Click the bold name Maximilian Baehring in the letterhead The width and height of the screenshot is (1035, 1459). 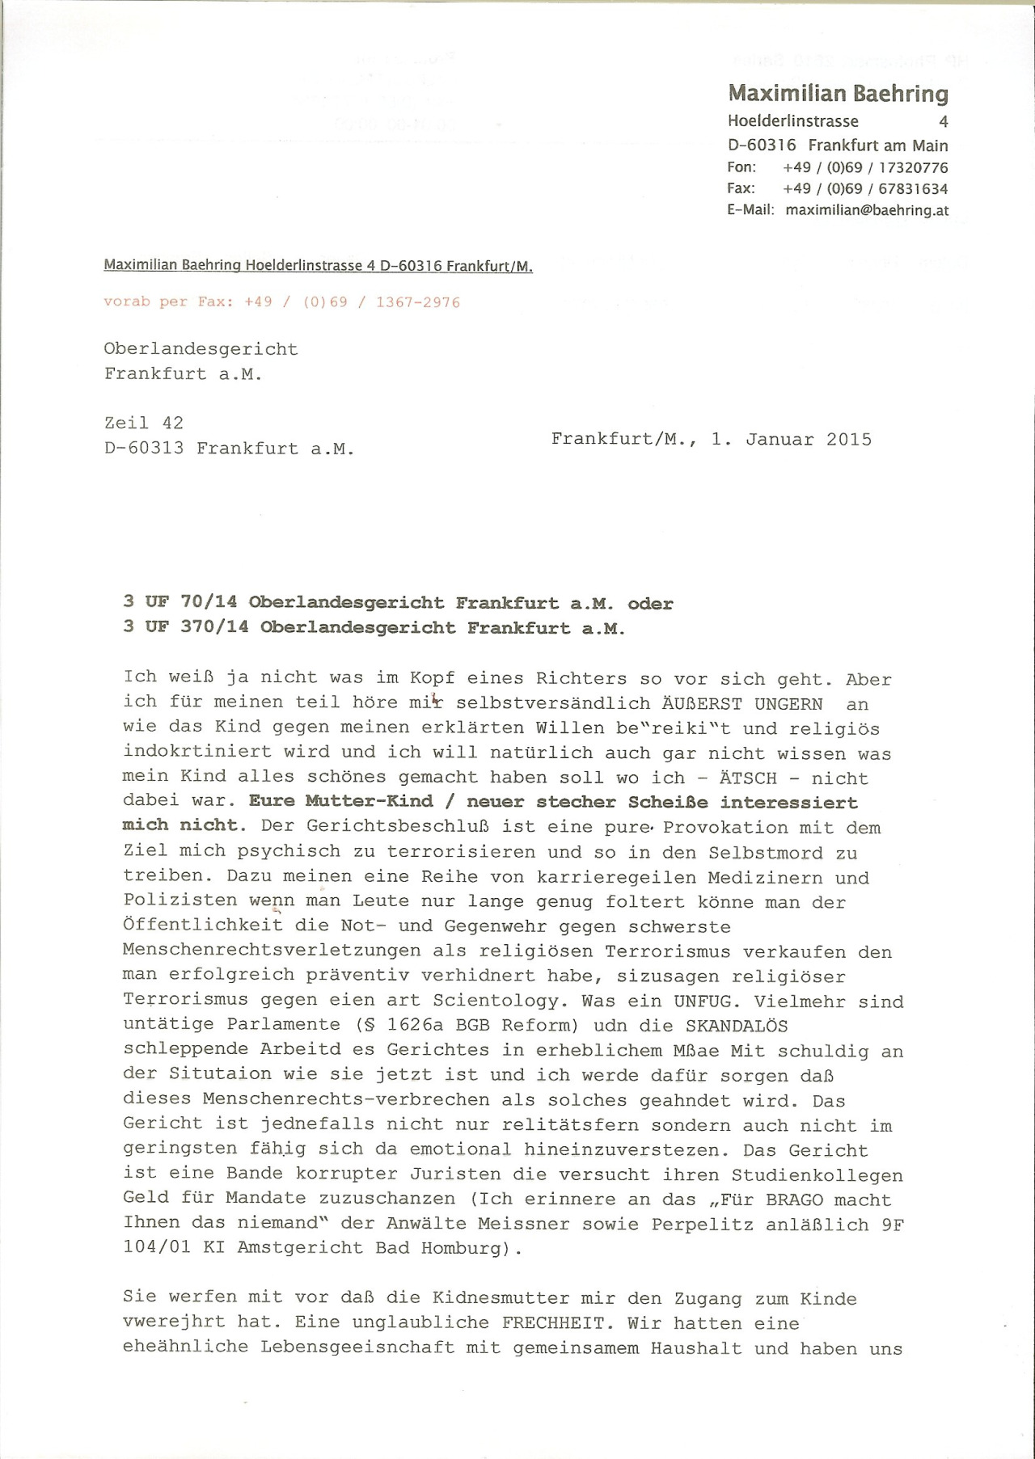pos(838,94)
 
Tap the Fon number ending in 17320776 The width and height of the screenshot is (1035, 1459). pos(865,168)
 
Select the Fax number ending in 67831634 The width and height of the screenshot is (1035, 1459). pos(865,189)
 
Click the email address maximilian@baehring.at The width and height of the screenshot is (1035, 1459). pos(867,210)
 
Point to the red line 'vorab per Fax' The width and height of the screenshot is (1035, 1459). pos(281,302)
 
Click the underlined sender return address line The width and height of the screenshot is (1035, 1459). pos(318,266)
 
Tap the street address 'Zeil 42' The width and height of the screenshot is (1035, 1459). pos(144,423)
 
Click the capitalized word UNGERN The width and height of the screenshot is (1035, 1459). pos(788,704)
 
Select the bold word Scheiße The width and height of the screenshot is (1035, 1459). pos(669,803)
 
